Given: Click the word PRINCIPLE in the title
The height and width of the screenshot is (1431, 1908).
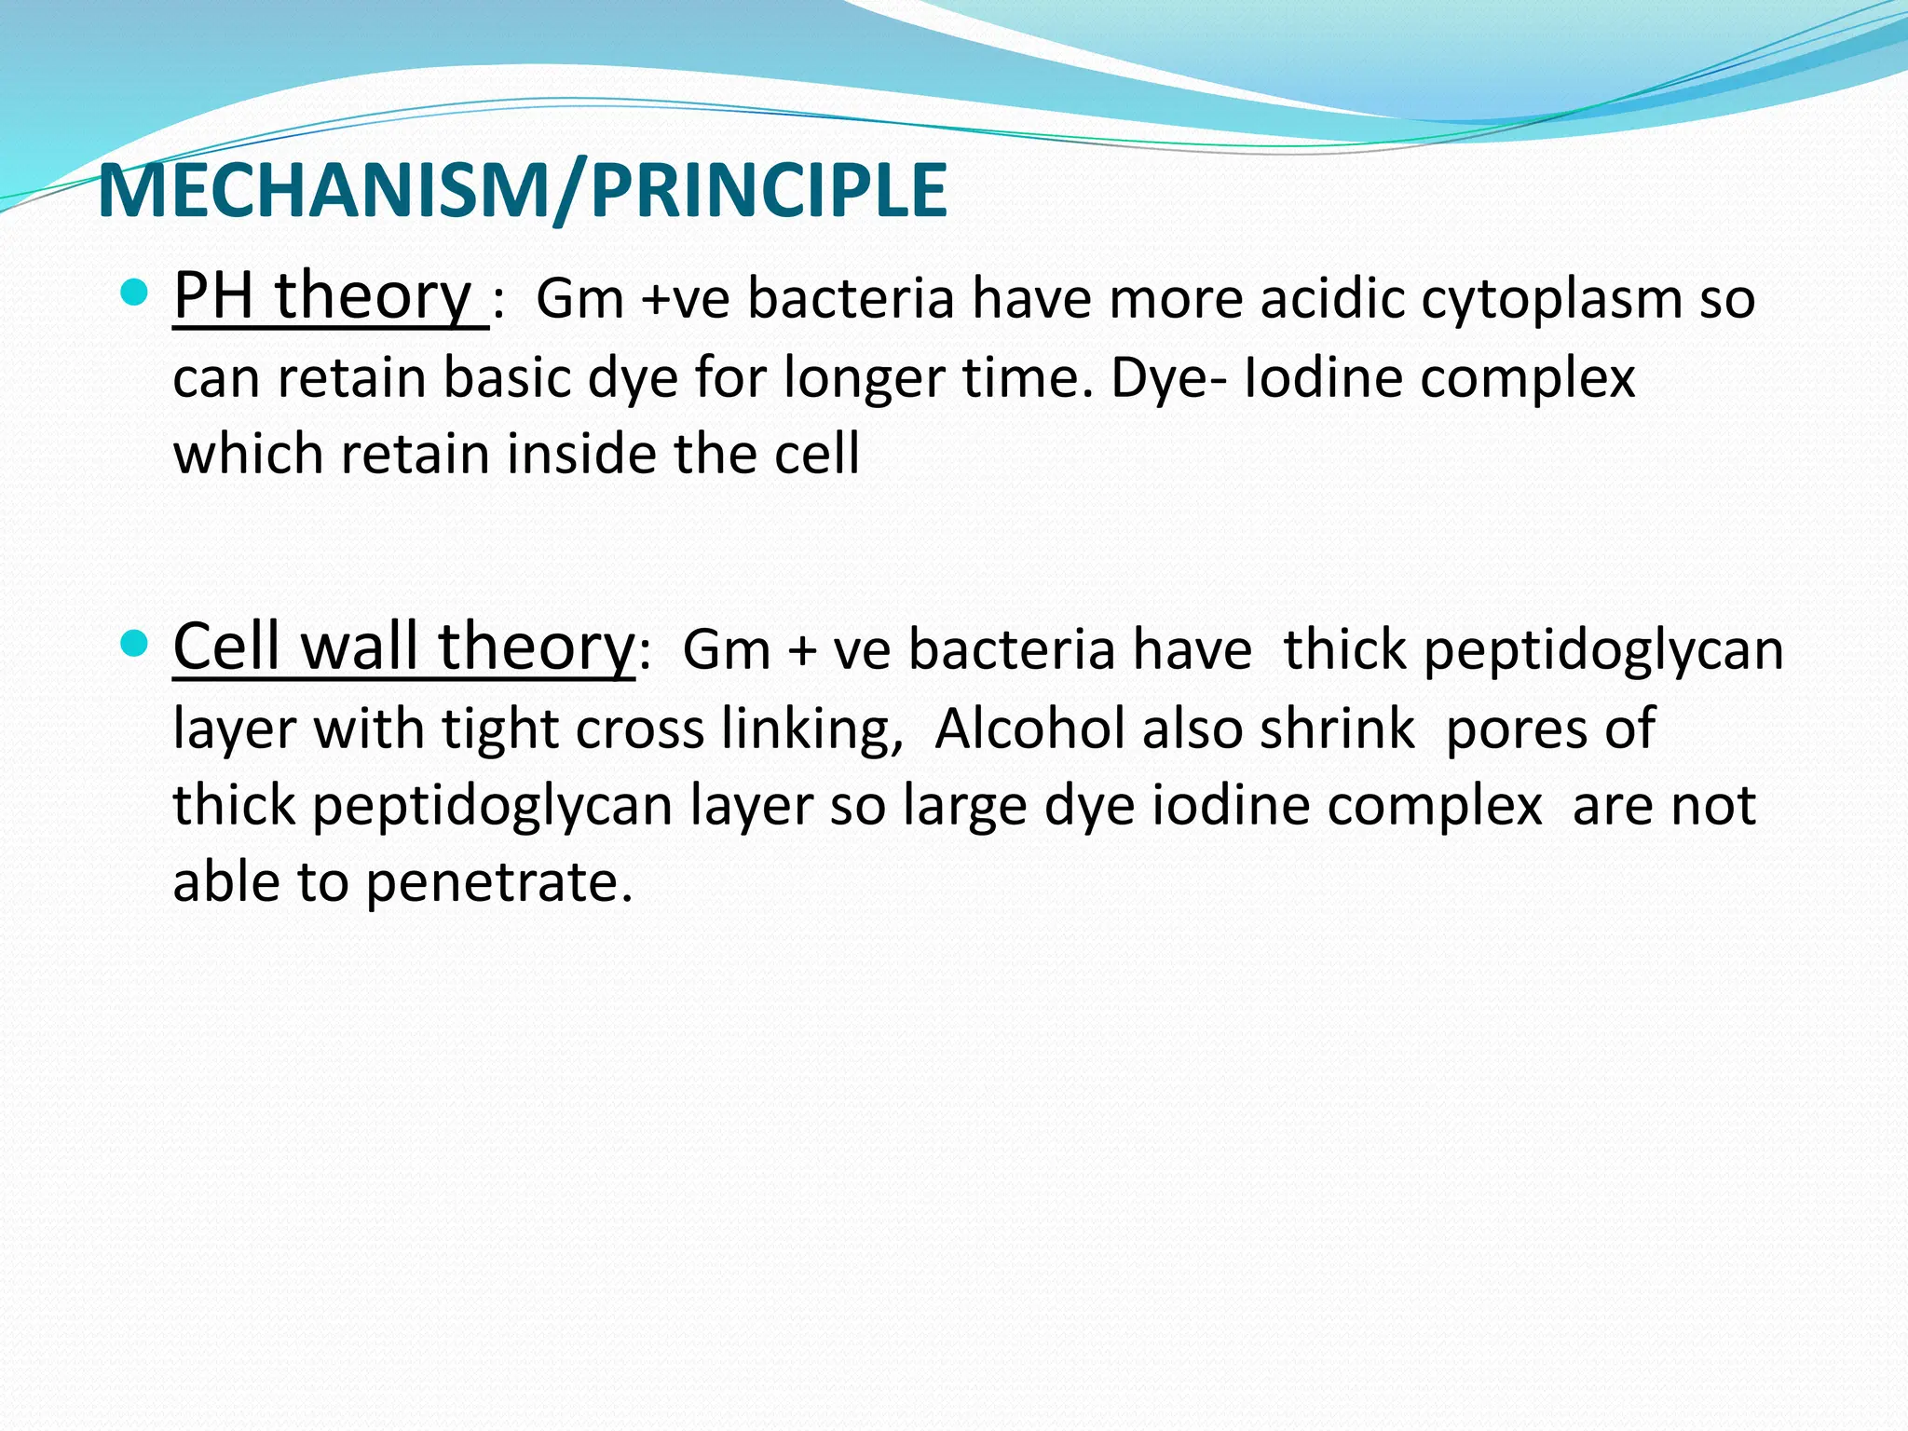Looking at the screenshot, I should tap(769, 191).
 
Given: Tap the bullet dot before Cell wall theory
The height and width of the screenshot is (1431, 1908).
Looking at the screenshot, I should tap(135, 644).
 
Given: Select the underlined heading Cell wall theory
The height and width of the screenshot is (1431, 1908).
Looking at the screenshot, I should tap(403, 647).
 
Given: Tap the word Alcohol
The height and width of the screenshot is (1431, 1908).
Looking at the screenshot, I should tap(1029, 729).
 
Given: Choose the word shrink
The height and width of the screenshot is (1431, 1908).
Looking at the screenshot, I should tap(1336, 729).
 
